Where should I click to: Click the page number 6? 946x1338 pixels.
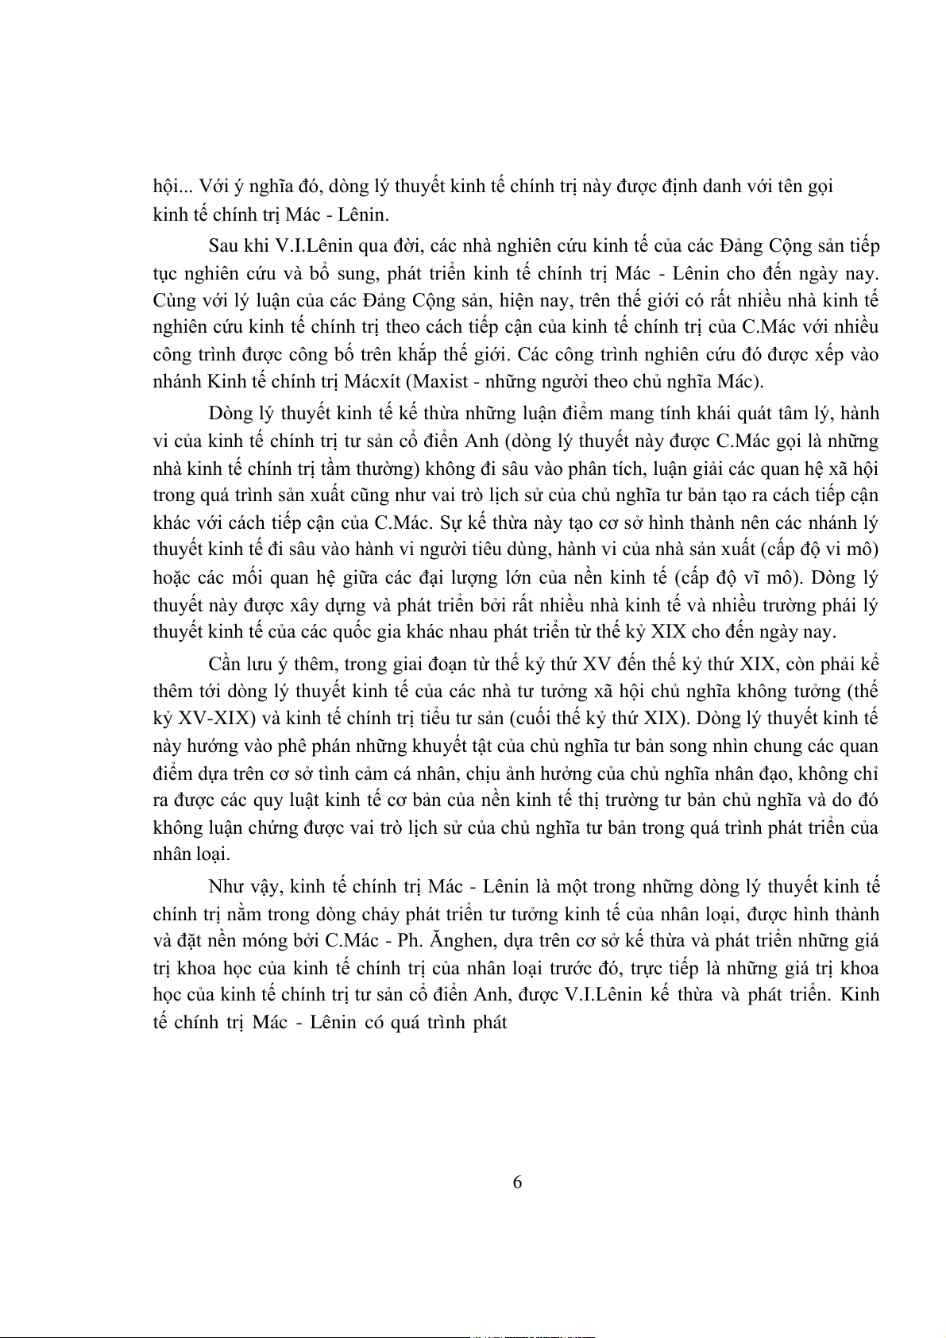pos(517,1182)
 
